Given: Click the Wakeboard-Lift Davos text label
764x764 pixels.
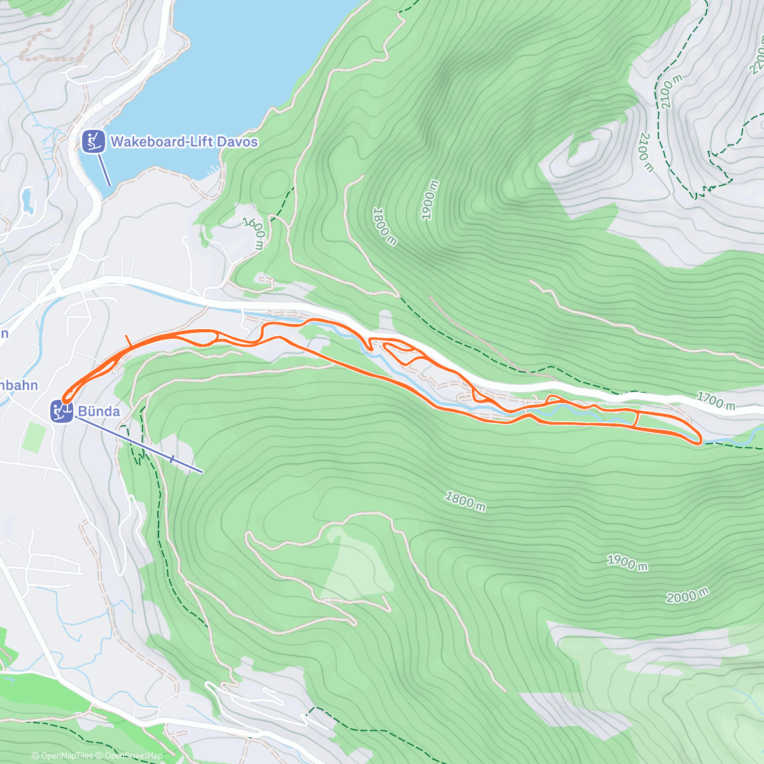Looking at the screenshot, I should coord(184,141).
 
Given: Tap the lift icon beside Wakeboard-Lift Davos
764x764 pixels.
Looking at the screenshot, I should coord(94,141).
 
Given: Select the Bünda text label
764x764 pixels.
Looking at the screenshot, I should coord(99,411).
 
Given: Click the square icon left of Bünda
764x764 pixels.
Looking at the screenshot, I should coord(62,411).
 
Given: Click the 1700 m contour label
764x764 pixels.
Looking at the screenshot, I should coord(716,400).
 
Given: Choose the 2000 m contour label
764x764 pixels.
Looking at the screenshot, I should coord(687,596).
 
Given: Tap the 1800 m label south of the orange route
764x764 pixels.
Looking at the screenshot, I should coord(465,501).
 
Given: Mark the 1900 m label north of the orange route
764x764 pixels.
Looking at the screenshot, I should coord(430,201).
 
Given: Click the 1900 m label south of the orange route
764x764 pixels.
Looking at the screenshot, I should coord(627,562).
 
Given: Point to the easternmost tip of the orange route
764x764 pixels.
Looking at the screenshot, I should coord(701,439).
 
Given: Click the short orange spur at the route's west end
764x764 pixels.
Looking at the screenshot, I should coord(129,342).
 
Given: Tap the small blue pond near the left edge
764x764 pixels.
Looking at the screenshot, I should coord(27,200).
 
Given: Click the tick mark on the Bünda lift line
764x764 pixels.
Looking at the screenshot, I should coord(173,458).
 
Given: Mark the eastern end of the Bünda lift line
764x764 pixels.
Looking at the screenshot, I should coord(202,472).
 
